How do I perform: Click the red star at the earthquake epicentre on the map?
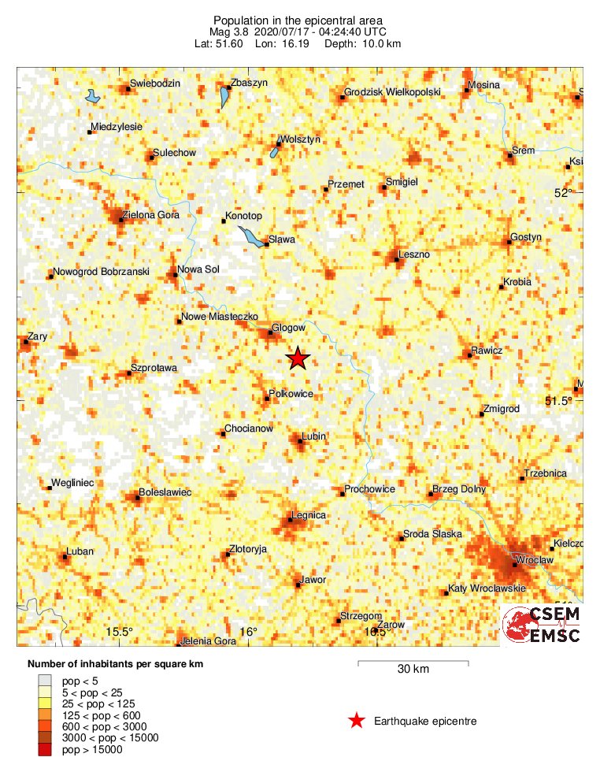point(298,359)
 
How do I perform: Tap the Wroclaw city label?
point(536,559)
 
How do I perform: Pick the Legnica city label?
point(309,515)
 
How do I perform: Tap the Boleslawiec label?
point(165,492)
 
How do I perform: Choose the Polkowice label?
point(291,393)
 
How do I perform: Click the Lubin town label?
point(313,436)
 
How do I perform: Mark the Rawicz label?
point(487,350)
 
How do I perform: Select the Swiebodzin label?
point(156,84)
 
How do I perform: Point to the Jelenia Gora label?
point(209,641)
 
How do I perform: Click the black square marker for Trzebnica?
point(522,478)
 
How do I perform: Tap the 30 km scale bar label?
point(413,670)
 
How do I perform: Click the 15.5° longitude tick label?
point(121,632)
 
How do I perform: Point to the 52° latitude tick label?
point(564,193)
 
